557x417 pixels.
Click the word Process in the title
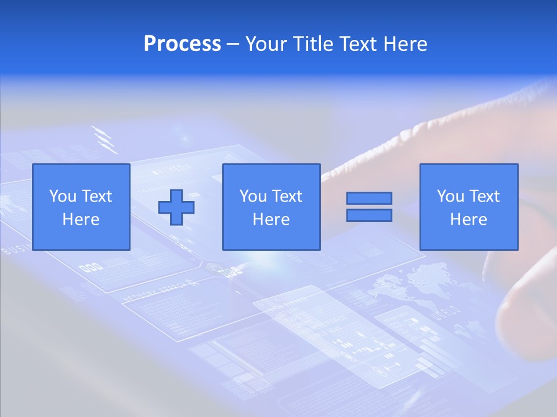click(182, 44)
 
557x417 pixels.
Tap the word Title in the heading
click(310, 44)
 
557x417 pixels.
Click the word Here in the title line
click(406, 44)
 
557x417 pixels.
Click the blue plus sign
click(176, 207)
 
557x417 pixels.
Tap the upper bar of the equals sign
click(369, 198)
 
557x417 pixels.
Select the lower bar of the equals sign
click(369, 215)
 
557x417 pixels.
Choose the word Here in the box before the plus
click(81, 220)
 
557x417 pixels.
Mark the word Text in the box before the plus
click(97, 196)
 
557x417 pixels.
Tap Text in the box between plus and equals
click(287, 196)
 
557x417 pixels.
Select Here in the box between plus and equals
click(272, 220)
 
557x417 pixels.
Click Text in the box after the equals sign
click(484, 196)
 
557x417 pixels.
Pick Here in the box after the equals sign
click(469, 220)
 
